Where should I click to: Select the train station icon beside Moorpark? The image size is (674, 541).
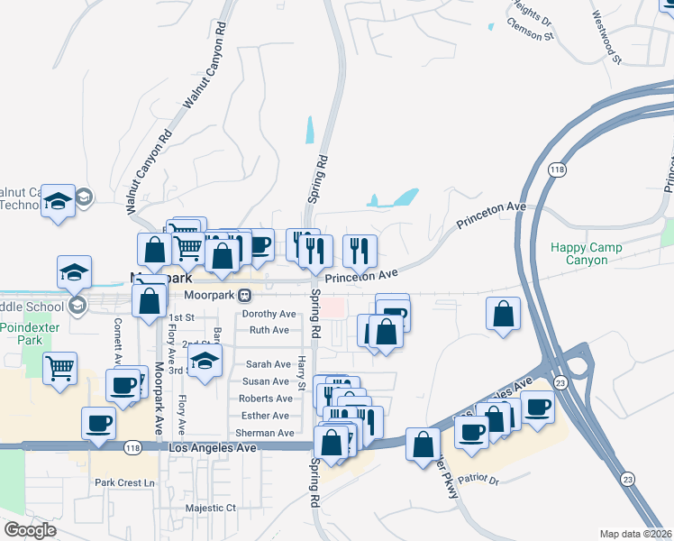click(244, 295)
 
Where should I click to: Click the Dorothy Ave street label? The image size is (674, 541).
click(269, 314)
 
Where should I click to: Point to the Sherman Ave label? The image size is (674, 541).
click(264, 433)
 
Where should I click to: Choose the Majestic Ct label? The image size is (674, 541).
click(210, 508)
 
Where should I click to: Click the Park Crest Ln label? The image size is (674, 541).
click(125, 482)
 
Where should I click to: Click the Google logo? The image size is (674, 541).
click(30, 530)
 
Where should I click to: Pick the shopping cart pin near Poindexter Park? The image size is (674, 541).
click(59, 368)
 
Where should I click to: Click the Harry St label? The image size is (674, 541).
click(302, 369)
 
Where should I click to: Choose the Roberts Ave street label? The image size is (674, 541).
click(266, 399)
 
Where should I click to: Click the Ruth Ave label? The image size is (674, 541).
click(269, 330)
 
